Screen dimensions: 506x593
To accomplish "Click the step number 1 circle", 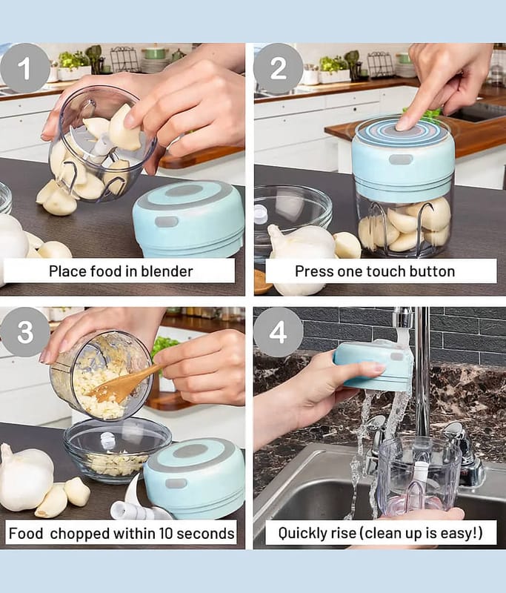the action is coord(25,67).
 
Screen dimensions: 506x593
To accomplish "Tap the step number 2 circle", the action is coord(278,68).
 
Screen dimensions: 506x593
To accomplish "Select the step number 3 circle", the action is coord(25,332).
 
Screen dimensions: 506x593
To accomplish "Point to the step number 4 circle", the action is coord(278,332).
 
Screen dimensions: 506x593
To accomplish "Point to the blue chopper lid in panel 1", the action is coord(189,219).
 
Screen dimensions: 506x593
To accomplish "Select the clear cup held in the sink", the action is coord(419,477).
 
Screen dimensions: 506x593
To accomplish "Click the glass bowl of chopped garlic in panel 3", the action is coord(117,450).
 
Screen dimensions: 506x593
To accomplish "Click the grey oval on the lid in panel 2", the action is coord(401,159).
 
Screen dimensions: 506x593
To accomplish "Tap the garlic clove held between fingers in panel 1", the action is coord(124,127).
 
